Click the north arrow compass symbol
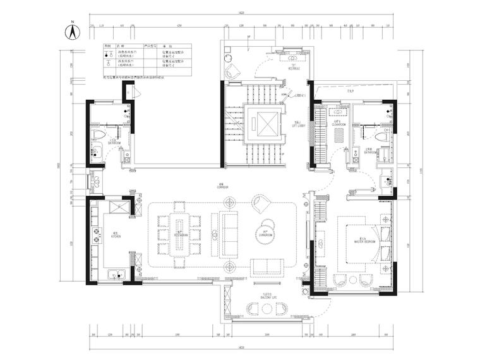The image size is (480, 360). [73, 32]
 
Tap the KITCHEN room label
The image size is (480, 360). [116, 235]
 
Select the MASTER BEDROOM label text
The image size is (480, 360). [365, 241]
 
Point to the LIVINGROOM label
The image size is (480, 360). [264, 235]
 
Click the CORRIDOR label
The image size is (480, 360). [222, 188]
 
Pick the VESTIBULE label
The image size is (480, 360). [294, 68]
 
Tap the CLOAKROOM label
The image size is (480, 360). [339, 124]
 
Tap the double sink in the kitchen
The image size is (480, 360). [117, 274]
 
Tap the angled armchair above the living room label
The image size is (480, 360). [260, 203]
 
